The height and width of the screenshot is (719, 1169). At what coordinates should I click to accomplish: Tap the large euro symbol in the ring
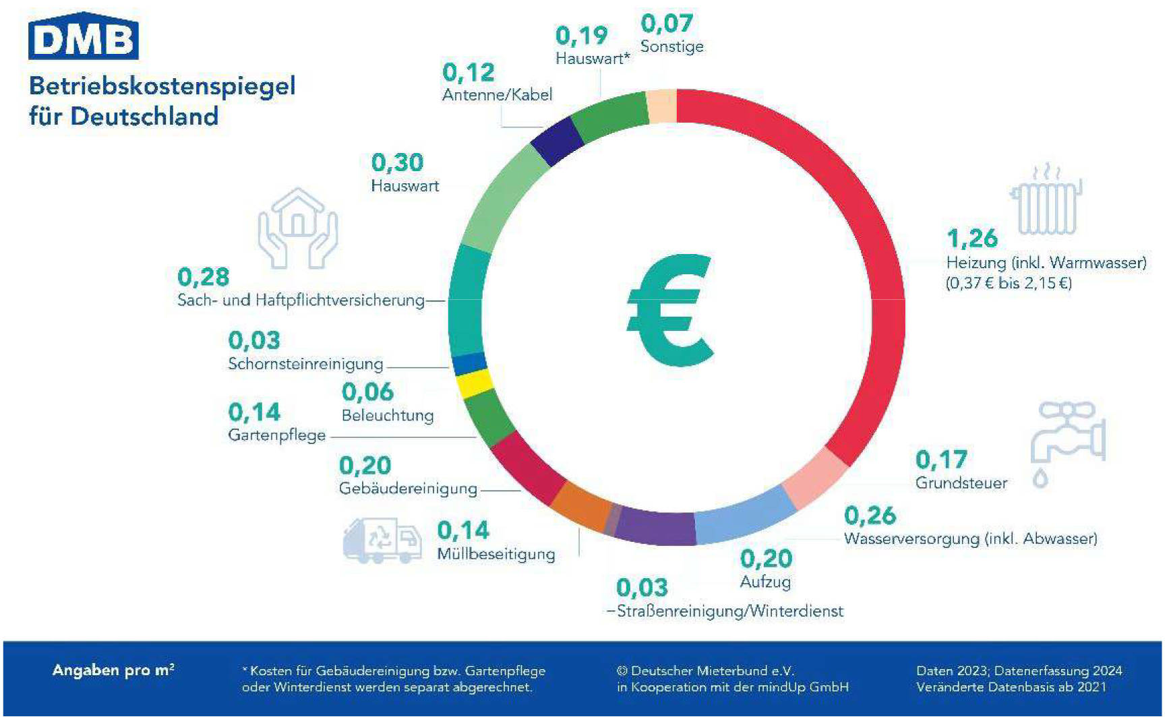[669, 311]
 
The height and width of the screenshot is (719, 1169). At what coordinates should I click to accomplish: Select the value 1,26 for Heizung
[971, 238]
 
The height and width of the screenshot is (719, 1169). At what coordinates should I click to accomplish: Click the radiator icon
[1046, 199]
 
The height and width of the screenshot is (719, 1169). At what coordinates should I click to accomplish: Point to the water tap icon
[1067, 441]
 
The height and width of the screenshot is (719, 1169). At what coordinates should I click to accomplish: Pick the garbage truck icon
[382, 540]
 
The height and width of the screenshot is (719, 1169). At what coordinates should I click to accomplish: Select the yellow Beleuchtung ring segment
[475, 384]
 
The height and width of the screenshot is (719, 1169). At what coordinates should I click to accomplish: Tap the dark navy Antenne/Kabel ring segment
[557, 142]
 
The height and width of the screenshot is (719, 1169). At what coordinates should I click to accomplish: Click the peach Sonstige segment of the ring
[661, 106]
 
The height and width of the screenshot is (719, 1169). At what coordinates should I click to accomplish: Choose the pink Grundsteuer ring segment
[815, 477]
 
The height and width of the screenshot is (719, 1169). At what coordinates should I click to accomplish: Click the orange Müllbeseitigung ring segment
[580, 505]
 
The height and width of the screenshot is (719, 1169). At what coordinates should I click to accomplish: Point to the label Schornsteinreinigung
[305, 364]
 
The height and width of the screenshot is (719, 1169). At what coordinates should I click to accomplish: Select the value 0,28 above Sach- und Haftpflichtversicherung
[203, 277]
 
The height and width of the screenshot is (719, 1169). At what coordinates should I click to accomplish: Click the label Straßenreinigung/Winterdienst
[729, 611]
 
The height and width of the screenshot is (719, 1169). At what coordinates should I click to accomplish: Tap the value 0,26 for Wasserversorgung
[870, 515]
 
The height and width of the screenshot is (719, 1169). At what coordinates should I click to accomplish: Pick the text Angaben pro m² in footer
[113, 670]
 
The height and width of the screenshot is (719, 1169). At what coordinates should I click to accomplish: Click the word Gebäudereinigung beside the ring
[408, 489]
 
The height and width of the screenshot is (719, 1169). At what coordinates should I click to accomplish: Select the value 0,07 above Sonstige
[666, 24]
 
